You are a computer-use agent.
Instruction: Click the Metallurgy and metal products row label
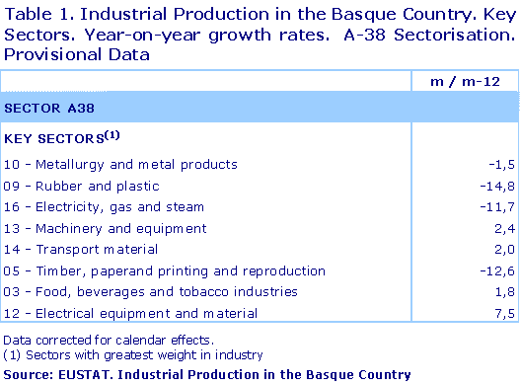point(121,164)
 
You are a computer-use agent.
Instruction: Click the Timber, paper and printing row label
point(165,270)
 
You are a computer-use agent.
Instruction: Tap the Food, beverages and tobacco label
point(151,291)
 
